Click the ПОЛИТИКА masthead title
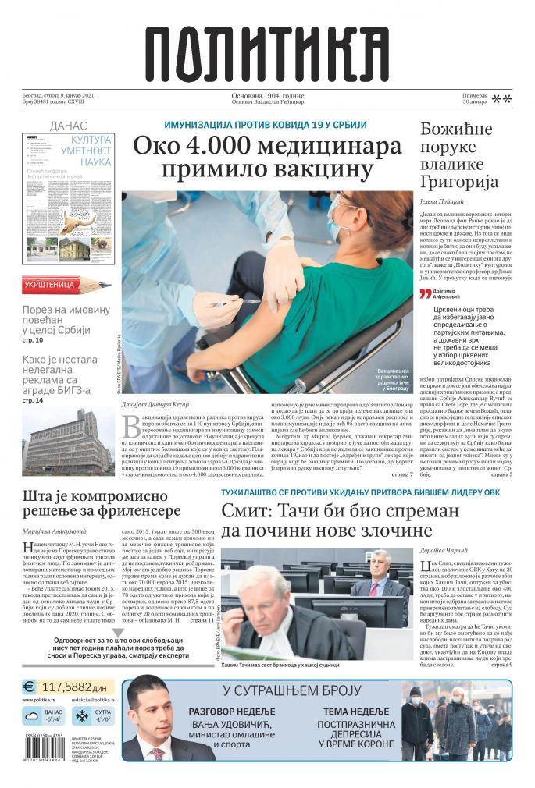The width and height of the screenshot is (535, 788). click(x=268, y=50)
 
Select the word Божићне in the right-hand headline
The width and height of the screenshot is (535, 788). click(x=457, y=130)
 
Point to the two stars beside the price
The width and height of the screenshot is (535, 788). click(x=502, y=99)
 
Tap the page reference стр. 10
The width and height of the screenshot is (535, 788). click(x=33, y=340)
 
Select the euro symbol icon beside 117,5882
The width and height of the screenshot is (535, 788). click(x=29, y=687)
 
